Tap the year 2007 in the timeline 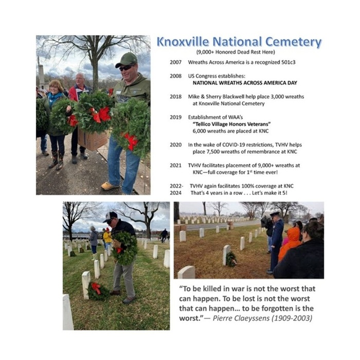[x=175, y=62]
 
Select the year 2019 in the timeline [x=175, y=117]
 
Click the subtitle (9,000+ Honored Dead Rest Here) [x=236, y=52]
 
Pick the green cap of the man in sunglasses [x=127, y=58]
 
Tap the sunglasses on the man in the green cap [x=127, y=67]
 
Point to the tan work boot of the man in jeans [x=110, y=186]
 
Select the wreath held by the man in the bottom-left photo [x=125, y=247]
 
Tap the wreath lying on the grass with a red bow [x=98, y=291]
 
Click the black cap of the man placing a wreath [x=111, y=217]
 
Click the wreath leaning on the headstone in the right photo [x=231, y=259]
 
